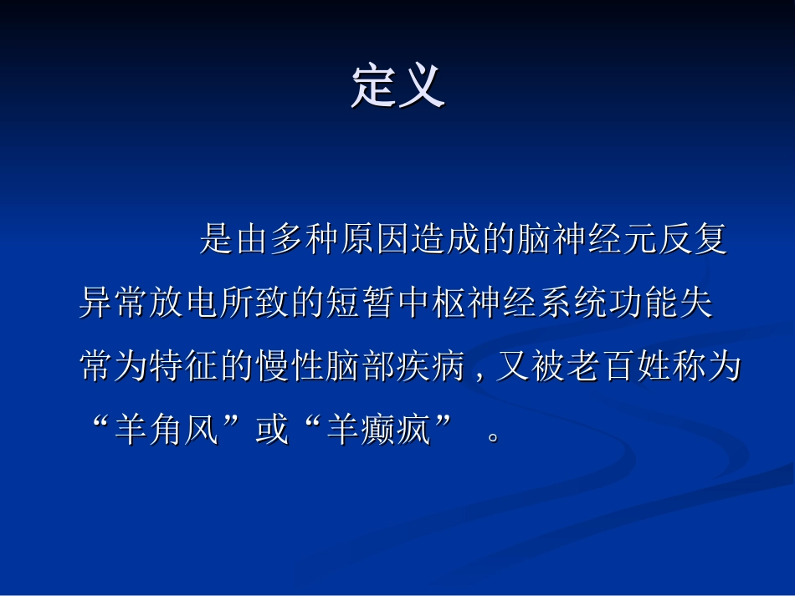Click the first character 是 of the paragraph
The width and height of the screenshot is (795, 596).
pos(217,241)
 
